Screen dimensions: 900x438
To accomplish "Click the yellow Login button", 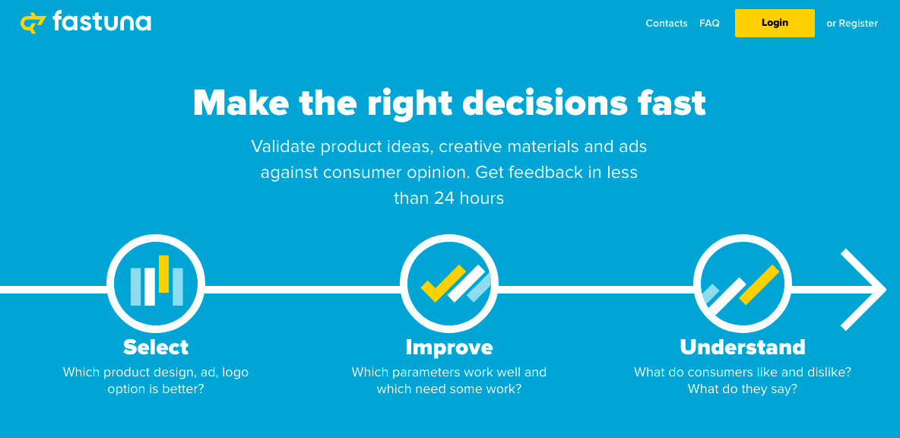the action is click(775, 23).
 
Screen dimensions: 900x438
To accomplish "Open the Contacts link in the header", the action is click(667, 24).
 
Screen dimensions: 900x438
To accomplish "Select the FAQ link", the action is click(709, 24).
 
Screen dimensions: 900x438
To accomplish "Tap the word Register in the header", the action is click(858, 24).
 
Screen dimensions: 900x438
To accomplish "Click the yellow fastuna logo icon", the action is click(33, 23).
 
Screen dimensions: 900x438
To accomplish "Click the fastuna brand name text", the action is click(102, 22).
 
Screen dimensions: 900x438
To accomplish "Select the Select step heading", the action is click(156, 347).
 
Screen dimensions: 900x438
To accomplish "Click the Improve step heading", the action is click(448, 347).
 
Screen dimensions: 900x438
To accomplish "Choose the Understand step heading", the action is click(742, 347).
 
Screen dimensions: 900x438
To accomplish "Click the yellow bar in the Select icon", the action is click(163, 274).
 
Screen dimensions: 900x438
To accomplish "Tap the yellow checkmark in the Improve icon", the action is click(443, 283).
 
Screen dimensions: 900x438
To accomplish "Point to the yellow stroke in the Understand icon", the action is click(759, 284).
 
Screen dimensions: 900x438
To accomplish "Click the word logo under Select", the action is click(236, 373).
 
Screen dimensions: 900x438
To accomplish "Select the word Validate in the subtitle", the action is click(284, 147).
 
